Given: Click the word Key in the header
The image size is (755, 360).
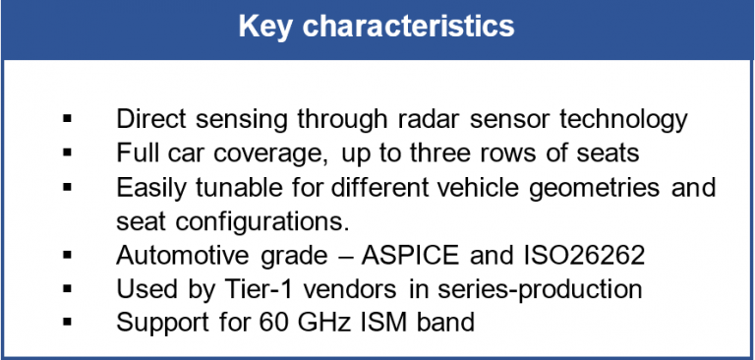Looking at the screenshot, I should (268, 27).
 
